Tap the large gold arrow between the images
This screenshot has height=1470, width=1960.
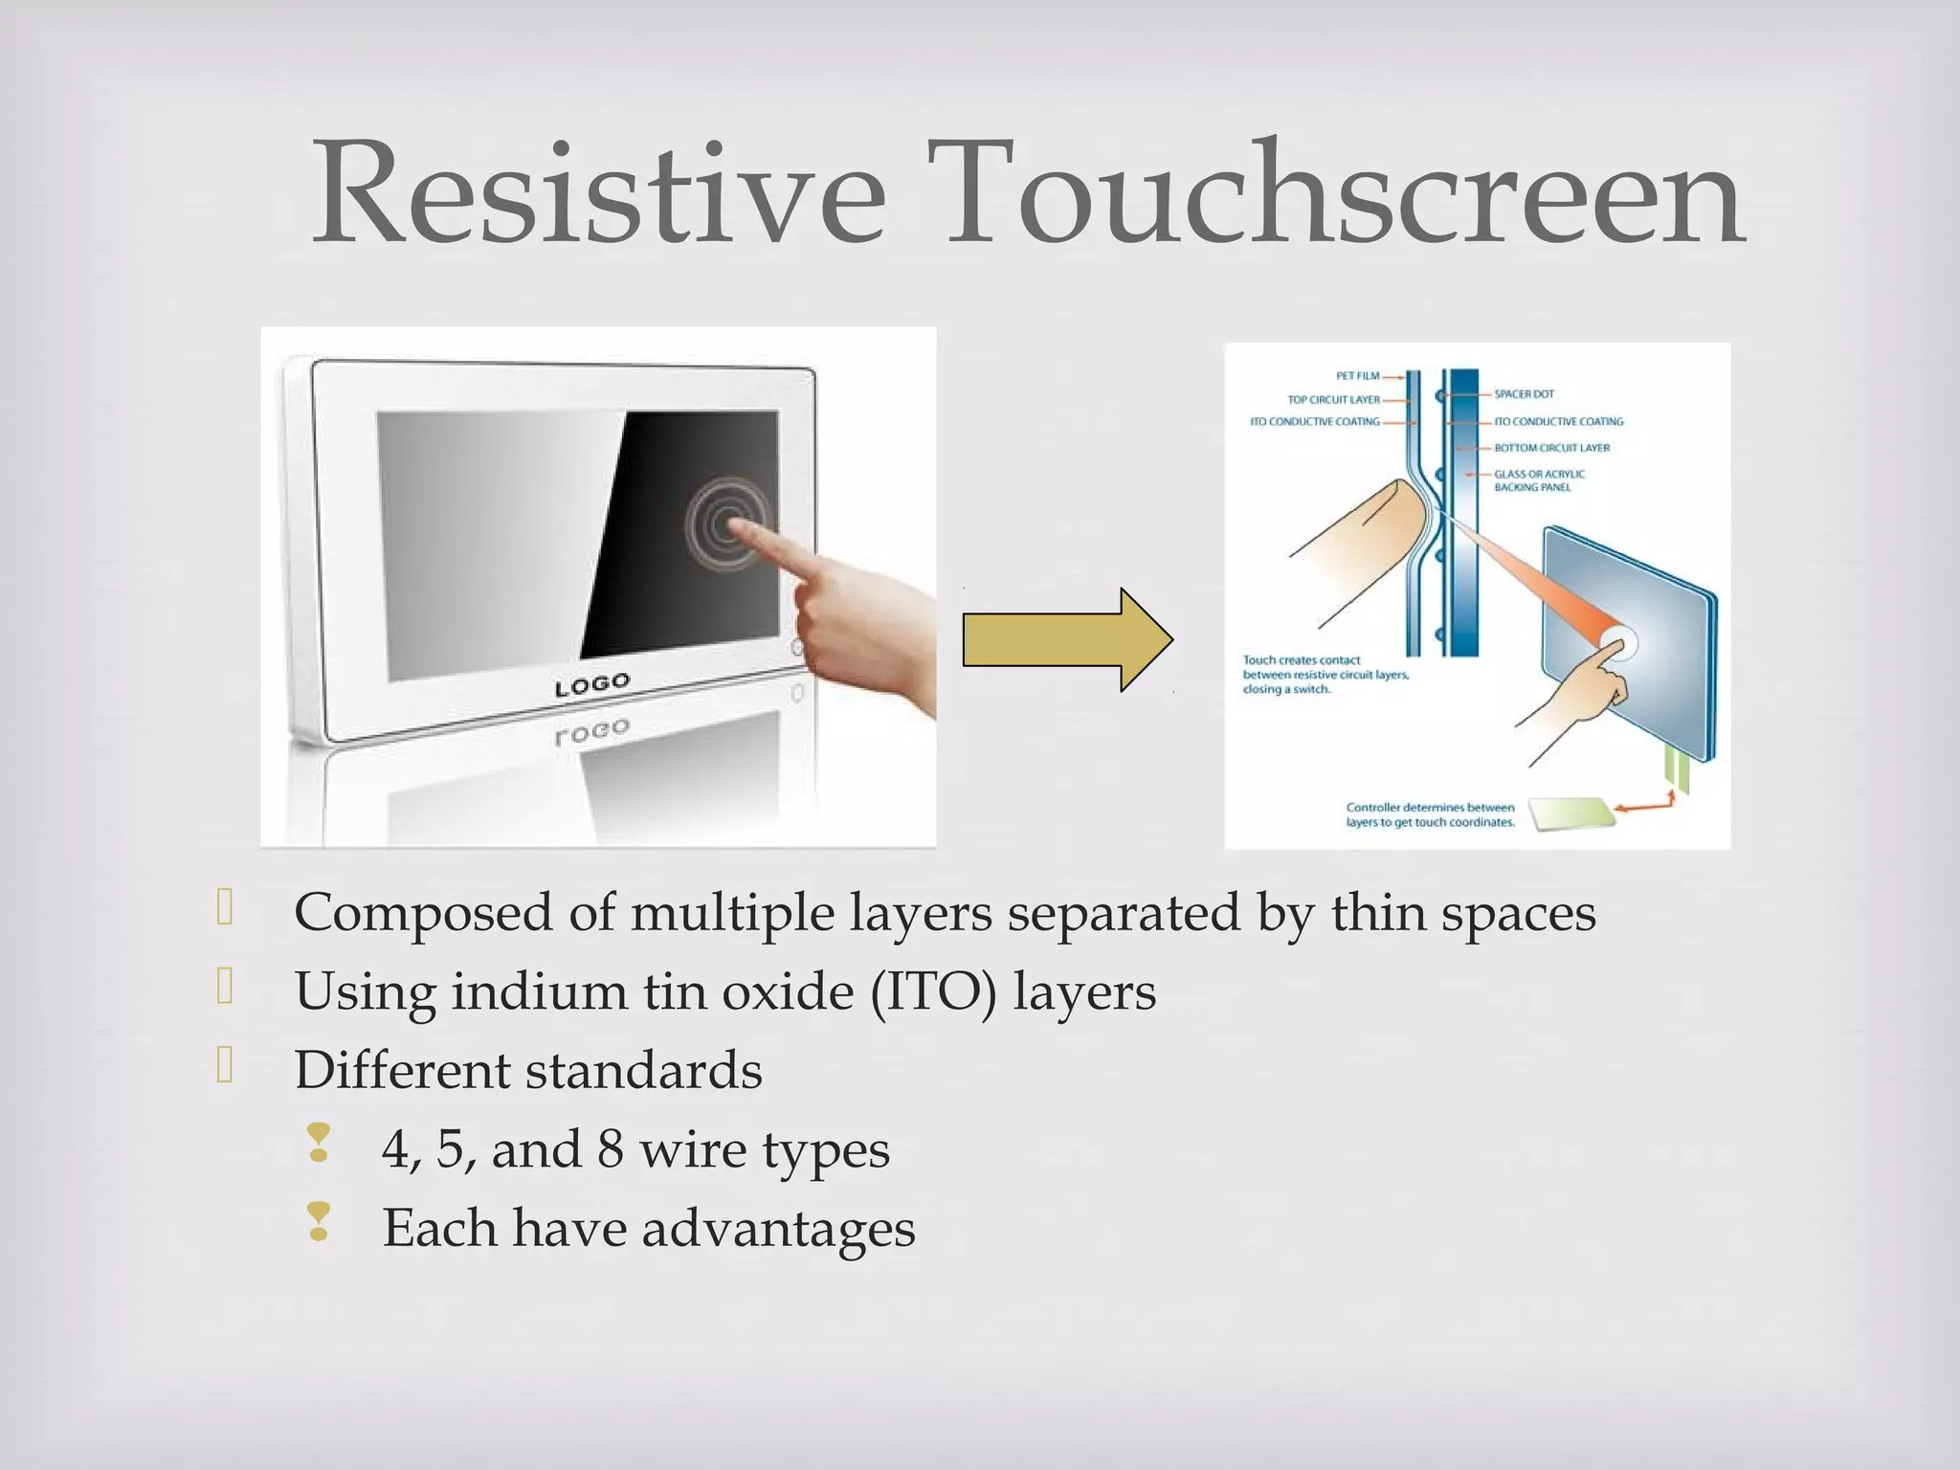[x=1067, y=639]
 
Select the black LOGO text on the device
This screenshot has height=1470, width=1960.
[x=592, y=685]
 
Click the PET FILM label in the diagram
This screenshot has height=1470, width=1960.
[x=1357, y=376]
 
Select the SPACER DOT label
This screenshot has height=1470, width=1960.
[x=1525, y=394]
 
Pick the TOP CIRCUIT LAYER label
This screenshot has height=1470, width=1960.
[x=1333, y=400]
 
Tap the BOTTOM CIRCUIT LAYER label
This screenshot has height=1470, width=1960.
[x=1552, y=448]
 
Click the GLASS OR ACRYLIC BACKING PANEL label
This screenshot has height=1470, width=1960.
[x=1539, y=480]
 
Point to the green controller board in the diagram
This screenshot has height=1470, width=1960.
[x=1570, y=814]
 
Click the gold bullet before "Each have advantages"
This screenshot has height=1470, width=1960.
[x=319, y=1222]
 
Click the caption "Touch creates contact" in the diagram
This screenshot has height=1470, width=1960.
[x=1301, y=660]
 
